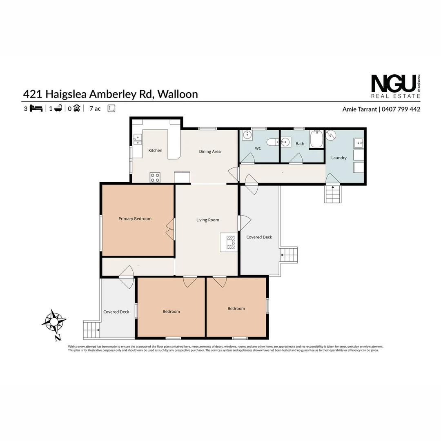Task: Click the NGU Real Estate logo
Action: [x=395, y=86]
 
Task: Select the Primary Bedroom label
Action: [x=135, y=219]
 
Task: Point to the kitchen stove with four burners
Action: [x=155, y=177]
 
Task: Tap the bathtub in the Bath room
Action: [x=316, y=140]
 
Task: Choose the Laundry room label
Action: [x=339, y=158]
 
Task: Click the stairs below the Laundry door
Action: [x=332, y=194]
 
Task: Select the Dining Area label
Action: [x=210, y=151]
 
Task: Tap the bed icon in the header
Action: [x=36, y=108]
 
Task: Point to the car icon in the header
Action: [x=76, y=108]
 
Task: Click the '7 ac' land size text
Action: [x=95, y=109]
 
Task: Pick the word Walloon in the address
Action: [x=178, y=94]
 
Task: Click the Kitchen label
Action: [x=155, y=151]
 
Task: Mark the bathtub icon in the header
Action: [x=58, y=108]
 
